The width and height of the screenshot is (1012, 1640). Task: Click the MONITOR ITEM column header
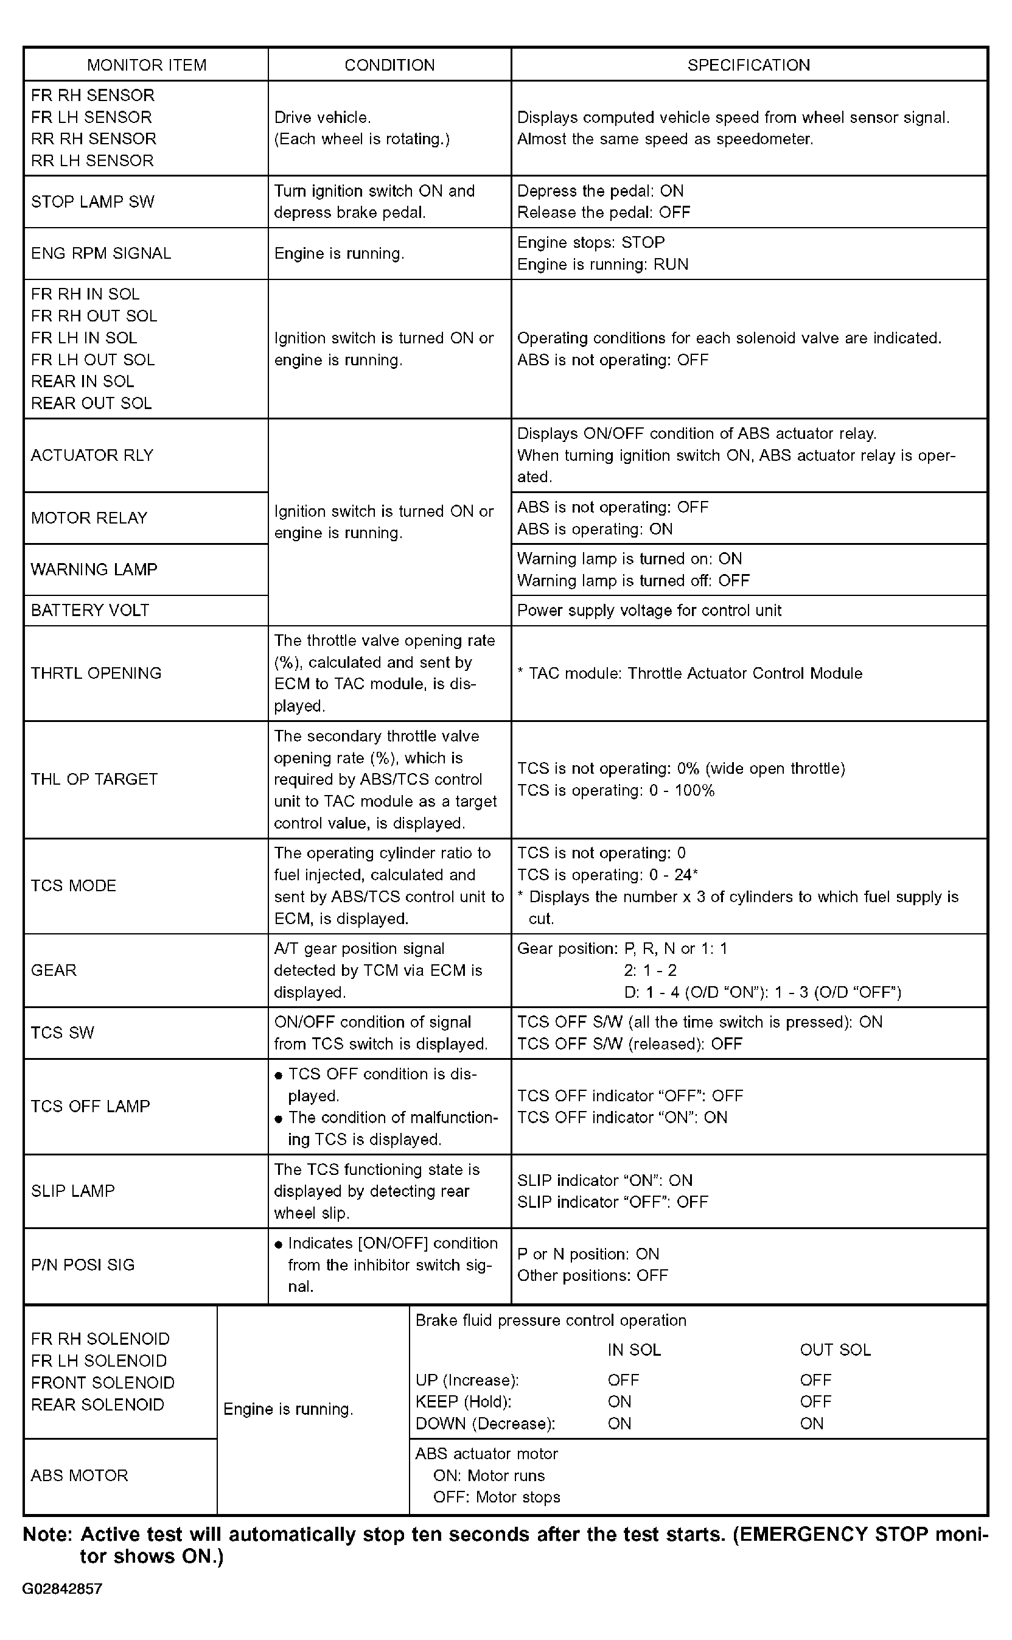pyautogui.click(x=147, y=65)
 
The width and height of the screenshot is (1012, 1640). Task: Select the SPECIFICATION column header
pyautogui.click(x=749, y=65)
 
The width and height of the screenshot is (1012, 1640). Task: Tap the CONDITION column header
pyautogui.click(x=389, y=65)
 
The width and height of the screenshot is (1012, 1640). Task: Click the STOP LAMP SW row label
pyautogui.click(x=92, y=201)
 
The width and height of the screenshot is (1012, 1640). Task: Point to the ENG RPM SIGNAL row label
pyautogui.click(x=101, y=253)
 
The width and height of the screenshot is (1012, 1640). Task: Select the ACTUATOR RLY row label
pyautogui.click(x=92, y=455)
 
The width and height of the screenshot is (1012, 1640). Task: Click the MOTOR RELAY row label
pyautogui.click(x=89, y=517)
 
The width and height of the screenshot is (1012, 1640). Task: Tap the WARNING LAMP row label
pyautogui.click(x=94, y=569)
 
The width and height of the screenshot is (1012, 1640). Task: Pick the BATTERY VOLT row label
pyautogui.click(x=90, y=610)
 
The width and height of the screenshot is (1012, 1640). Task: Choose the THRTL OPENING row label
pyautogui.click(x=96, y=673)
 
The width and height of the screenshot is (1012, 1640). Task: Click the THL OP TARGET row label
pyautogui.click(x=94, y=779)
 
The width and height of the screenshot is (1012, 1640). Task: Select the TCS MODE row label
pyautogui.click(x=74, y=886)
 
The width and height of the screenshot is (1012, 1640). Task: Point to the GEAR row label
pyautogui.click(x=54, y=970)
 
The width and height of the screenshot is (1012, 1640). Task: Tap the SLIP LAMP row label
pyautogui.click(x=73, y=1190)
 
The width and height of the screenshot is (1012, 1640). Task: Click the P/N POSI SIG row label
pyautogui.click(x=83, y=1264)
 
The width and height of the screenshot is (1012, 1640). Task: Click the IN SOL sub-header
pyautogui.click(x=634, y=1350)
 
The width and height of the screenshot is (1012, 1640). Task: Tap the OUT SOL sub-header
pyautogui.click(x=836, y=1350)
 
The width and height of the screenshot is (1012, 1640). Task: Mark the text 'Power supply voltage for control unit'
pyautogui.click(x=649, y=610)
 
